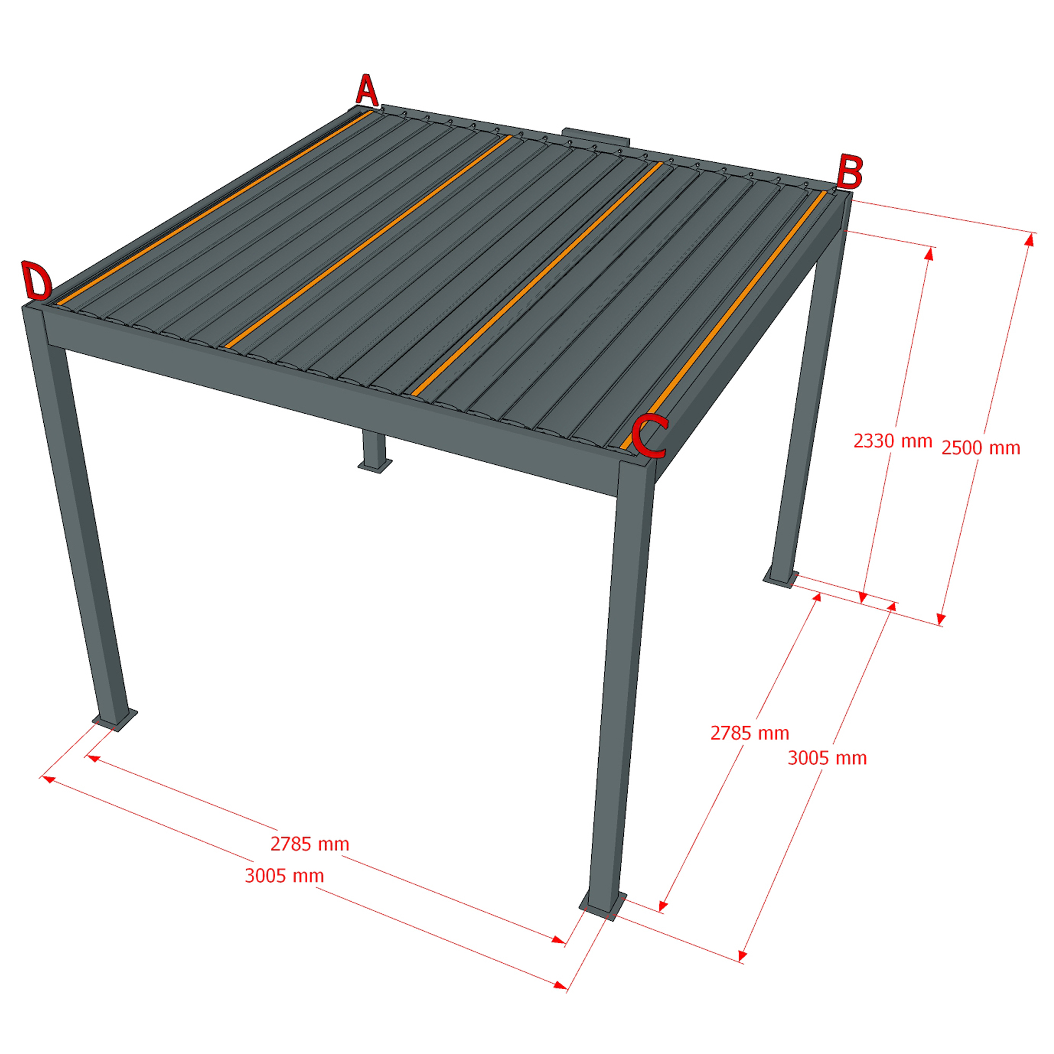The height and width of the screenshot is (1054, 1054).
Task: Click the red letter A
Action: click(367, 91)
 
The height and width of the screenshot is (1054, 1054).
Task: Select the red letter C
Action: click(649, 435)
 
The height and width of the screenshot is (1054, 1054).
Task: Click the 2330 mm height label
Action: click(893, 441)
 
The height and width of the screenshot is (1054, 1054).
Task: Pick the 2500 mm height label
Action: click(981, 448)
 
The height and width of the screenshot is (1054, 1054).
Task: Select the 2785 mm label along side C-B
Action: click(749, 733)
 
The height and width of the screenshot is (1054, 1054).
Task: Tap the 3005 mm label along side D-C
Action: click(284, 875)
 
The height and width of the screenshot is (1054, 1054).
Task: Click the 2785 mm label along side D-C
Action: click(310, 844)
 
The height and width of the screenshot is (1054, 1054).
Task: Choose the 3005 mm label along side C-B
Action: click(827, 758)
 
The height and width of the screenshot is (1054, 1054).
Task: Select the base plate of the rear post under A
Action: click(375, 465)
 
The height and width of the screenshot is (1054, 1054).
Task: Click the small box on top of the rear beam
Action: click(598, 136)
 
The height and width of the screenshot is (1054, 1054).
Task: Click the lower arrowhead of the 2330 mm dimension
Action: click(863, 597)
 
